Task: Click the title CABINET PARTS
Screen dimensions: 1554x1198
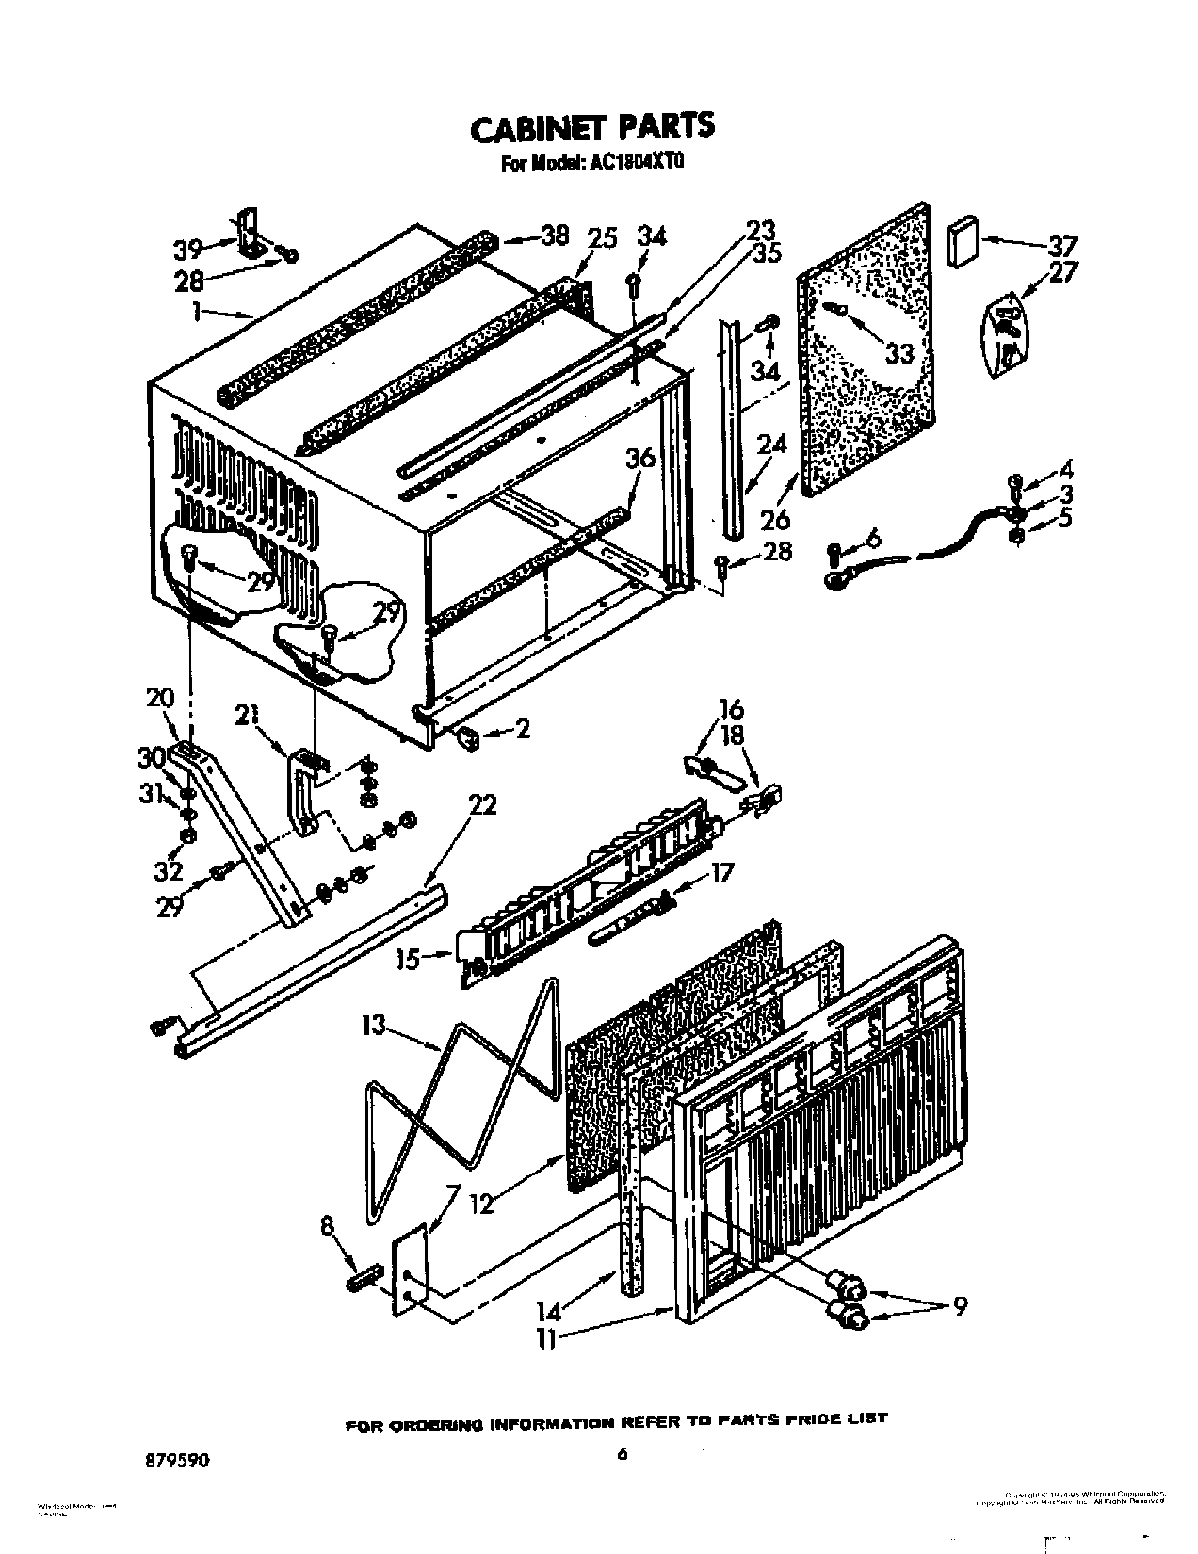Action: pyautogui.click(x=591, y=126)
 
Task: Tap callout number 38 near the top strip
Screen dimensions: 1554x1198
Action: pyautogui.click(x=556, y=235)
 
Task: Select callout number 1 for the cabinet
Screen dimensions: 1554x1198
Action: pyautogui.click(x=197, y=312)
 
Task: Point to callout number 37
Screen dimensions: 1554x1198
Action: pyautogui.click(x=1062, y=247)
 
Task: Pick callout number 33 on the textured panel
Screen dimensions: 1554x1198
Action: pyautogui.click(x=899, y=352)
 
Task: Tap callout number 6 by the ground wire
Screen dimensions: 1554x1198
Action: pyautogui.click(x=873, y=539)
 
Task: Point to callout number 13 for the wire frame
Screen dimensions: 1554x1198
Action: pyautogui.click(x=376, y=1024)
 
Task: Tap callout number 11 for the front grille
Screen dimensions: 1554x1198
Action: pyautogui.click(x=546, y=1338)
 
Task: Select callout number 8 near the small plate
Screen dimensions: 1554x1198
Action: pyautogui.click(x=327, y=1225)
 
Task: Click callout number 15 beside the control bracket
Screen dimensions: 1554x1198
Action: pyautogui.click(x=407, y=959)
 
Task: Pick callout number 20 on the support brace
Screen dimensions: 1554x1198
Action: pyautogui.click(x=160, y=699)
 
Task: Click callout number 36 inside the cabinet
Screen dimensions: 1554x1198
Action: pyautogui.click(x=639, y=459)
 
